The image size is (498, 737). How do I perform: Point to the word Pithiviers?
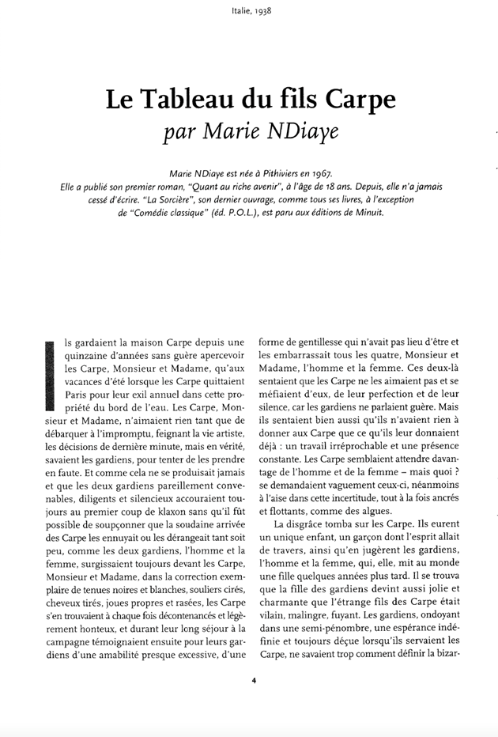[273, 174]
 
